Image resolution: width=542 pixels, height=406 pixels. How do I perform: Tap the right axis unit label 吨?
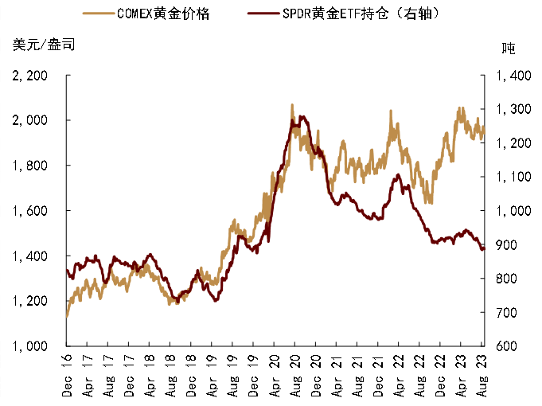point(508,48)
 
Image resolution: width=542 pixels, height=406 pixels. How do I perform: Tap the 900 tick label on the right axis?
point(509,245)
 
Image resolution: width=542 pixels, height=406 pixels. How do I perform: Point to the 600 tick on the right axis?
point(509,346)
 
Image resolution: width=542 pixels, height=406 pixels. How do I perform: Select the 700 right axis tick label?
point(509,313)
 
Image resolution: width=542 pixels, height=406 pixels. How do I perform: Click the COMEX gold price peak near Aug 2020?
point(292,104)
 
